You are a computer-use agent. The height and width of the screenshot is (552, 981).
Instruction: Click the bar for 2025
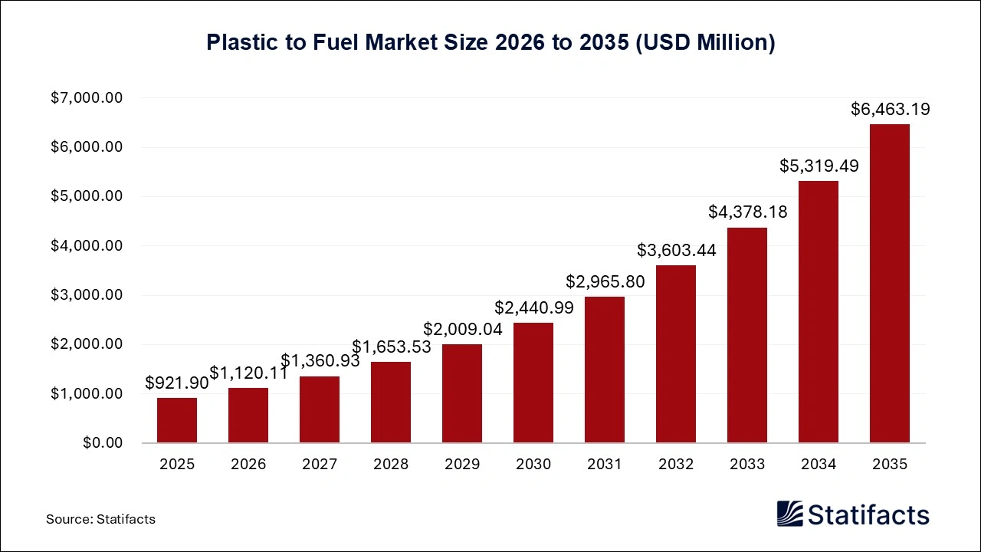177,420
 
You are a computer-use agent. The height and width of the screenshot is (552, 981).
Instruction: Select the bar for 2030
533,383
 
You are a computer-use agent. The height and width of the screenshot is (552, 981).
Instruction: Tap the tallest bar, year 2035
889,284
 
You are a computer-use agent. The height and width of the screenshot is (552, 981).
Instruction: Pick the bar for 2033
747,335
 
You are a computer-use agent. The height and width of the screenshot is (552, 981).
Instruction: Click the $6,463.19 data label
891,109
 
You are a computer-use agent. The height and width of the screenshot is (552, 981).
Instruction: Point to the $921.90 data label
176,383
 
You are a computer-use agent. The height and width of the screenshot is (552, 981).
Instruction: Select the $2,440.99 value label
533,307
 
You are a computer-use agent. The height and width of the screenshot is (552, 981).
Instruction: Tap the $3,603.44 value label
677,250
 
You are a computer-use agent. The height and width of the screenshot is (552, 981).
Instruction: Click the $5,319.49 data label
819,166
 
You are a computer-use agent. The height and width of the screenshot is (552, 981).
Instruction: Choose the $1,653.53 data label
392,347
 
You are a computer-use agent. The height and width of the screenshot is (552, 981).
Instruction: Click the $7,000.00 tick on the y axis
87,98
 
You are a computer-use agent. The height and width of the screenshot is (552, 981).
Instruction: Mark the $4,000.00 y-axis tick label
87,246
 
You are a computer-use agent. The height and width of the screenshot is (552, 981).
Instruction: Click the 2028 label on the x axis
391,465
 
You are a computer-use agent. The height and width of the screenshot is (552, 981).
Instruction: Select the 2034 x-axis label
819,465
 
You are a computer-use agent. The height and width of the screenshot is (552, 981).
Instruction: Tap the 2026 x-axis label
248,465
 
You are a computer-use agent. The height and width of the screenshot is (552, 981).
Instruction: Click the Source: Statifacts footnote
100,519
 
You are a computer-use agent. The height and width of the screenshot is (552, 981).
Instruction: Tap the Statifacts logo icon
789,514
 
